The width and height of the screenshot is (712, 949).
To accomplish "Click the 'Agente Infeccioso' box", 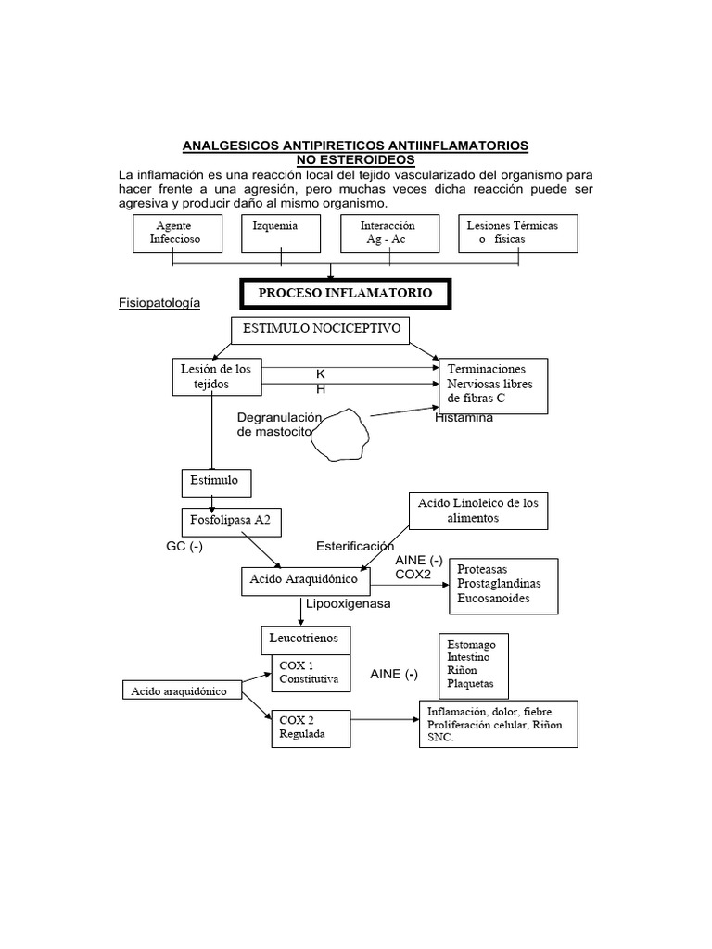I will coord(176,233).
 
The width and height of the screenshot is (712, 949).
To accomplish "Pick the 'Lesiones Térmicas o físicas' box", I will coord(517,233).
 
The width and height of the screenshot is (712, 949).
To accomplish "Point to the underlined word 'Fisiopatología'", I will coord(159,303).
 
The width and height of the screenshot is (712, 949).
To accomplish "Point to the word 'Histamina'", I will coord(464,418).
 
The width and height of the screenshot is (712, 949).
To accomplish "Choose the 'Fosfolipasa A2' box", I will coord(231,521).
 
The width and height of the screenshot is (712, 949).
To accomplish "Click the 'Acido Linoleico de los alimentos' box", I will coord(477,511).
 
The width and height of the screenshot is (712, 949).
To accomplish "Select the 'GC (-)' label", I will coord(184,546).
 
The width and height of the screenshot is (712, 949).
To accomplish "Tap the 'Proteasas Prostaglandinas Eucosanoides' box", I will coord(502,585).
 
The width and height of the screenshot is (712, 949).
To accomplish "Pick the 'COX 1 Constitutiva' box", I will coord(310,674).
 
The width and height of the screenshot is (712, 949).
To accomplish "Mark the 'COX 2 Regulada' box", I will coord(309,728).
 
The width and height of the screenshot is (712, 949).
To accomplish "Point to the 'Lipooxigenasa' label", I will coord(349,603).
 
